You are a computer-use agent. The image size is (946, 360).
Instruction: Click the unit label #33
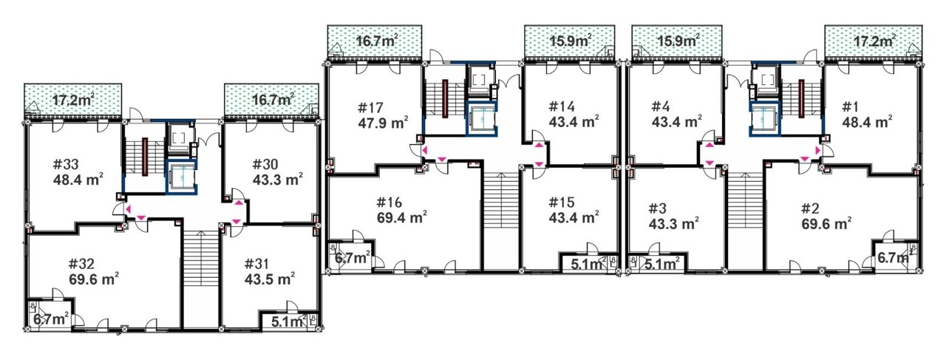coord(66,164)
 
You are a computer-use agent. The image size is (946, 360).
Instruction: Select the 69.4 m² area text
coord(401,217)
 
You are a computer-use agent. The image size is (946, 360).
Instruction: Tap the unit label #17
coord(370,108)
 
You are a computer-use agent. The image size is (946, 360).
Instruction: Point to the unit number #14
coord(562,106)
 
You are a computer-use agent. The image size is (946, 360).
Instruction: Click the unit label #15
coord(562,203)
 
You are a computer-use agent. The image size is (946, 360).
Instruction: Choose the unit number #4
coord(661,106)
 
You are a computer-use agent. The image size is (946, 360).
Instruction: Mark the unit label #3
coord(657,208)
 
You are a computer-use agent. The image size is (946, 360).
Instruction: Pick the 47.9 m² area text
coord(383,123)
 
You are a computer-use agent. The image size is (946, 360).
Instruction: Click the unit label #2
coord(811,208)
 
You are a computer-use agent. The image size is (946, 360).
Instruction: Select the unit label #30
coord(265,164)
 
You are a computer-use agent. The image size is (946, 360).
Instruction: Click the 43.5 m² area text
coord(270,279)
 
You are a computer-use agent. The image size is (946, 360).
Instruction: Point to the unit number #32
coord(81,264)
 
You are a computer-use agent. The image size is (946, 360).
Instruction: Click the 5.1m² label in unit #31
coord(289,322)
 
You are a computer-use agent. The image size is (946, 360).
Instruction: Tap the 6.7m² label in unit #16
coord(353,257)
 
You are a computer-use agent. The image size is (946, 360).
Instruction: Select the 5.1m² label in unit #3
coord(661,264)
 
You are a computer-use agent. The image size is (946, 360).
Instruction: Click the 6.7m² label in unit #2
coord(894,257)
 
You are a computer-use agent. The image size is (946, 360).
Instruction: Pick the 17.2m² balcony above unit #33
coord(72,101)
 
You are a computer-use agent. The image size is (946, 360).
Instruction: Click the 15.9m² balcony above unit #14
coord(570,41)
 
